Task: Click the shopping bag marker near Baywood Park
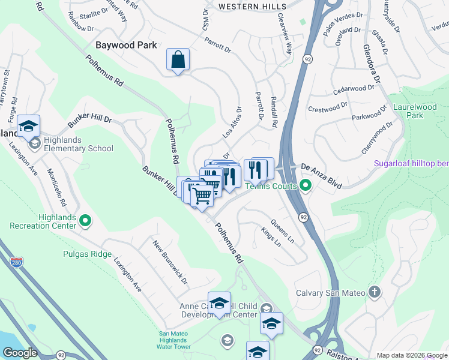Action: pos(178,60)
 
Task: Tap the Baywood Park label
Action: pos(126,45)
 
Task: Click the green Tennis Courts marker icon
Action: pos(306,186)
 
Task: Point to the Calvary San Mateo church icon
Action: pos(375,292)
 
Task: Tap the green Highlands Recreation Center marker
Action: pos(85,221)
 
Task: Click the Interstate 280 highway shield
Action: pos(16,263)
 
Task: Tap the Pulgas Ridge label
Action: pos(87,254)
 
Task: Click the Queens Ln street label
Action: pos(283,230)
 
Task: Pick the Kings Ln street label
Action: pos(271,237)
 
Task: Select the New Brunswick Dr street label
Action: pos(170,263)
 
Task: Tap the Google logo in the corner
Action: pos(20,353)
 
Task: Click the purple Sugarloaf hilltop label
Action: pos(411,163)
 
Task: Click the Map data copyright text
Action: pos(412,355)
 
